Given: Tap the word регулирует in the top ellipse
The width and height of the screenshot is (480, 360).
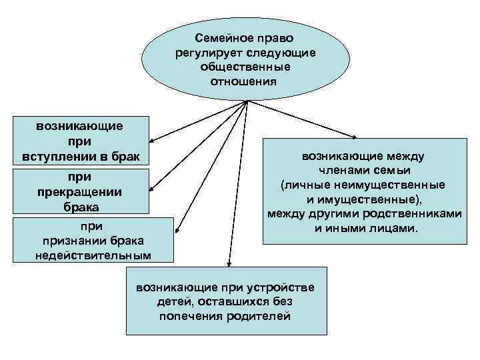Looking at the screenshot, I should (x=205, y=53).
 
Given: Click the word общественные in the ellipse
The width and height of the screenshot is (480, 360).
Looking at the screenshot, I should (x=245, y=68).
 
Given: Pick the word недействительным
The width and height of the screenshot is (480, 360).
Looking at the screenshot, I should (x=93, y=255).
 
